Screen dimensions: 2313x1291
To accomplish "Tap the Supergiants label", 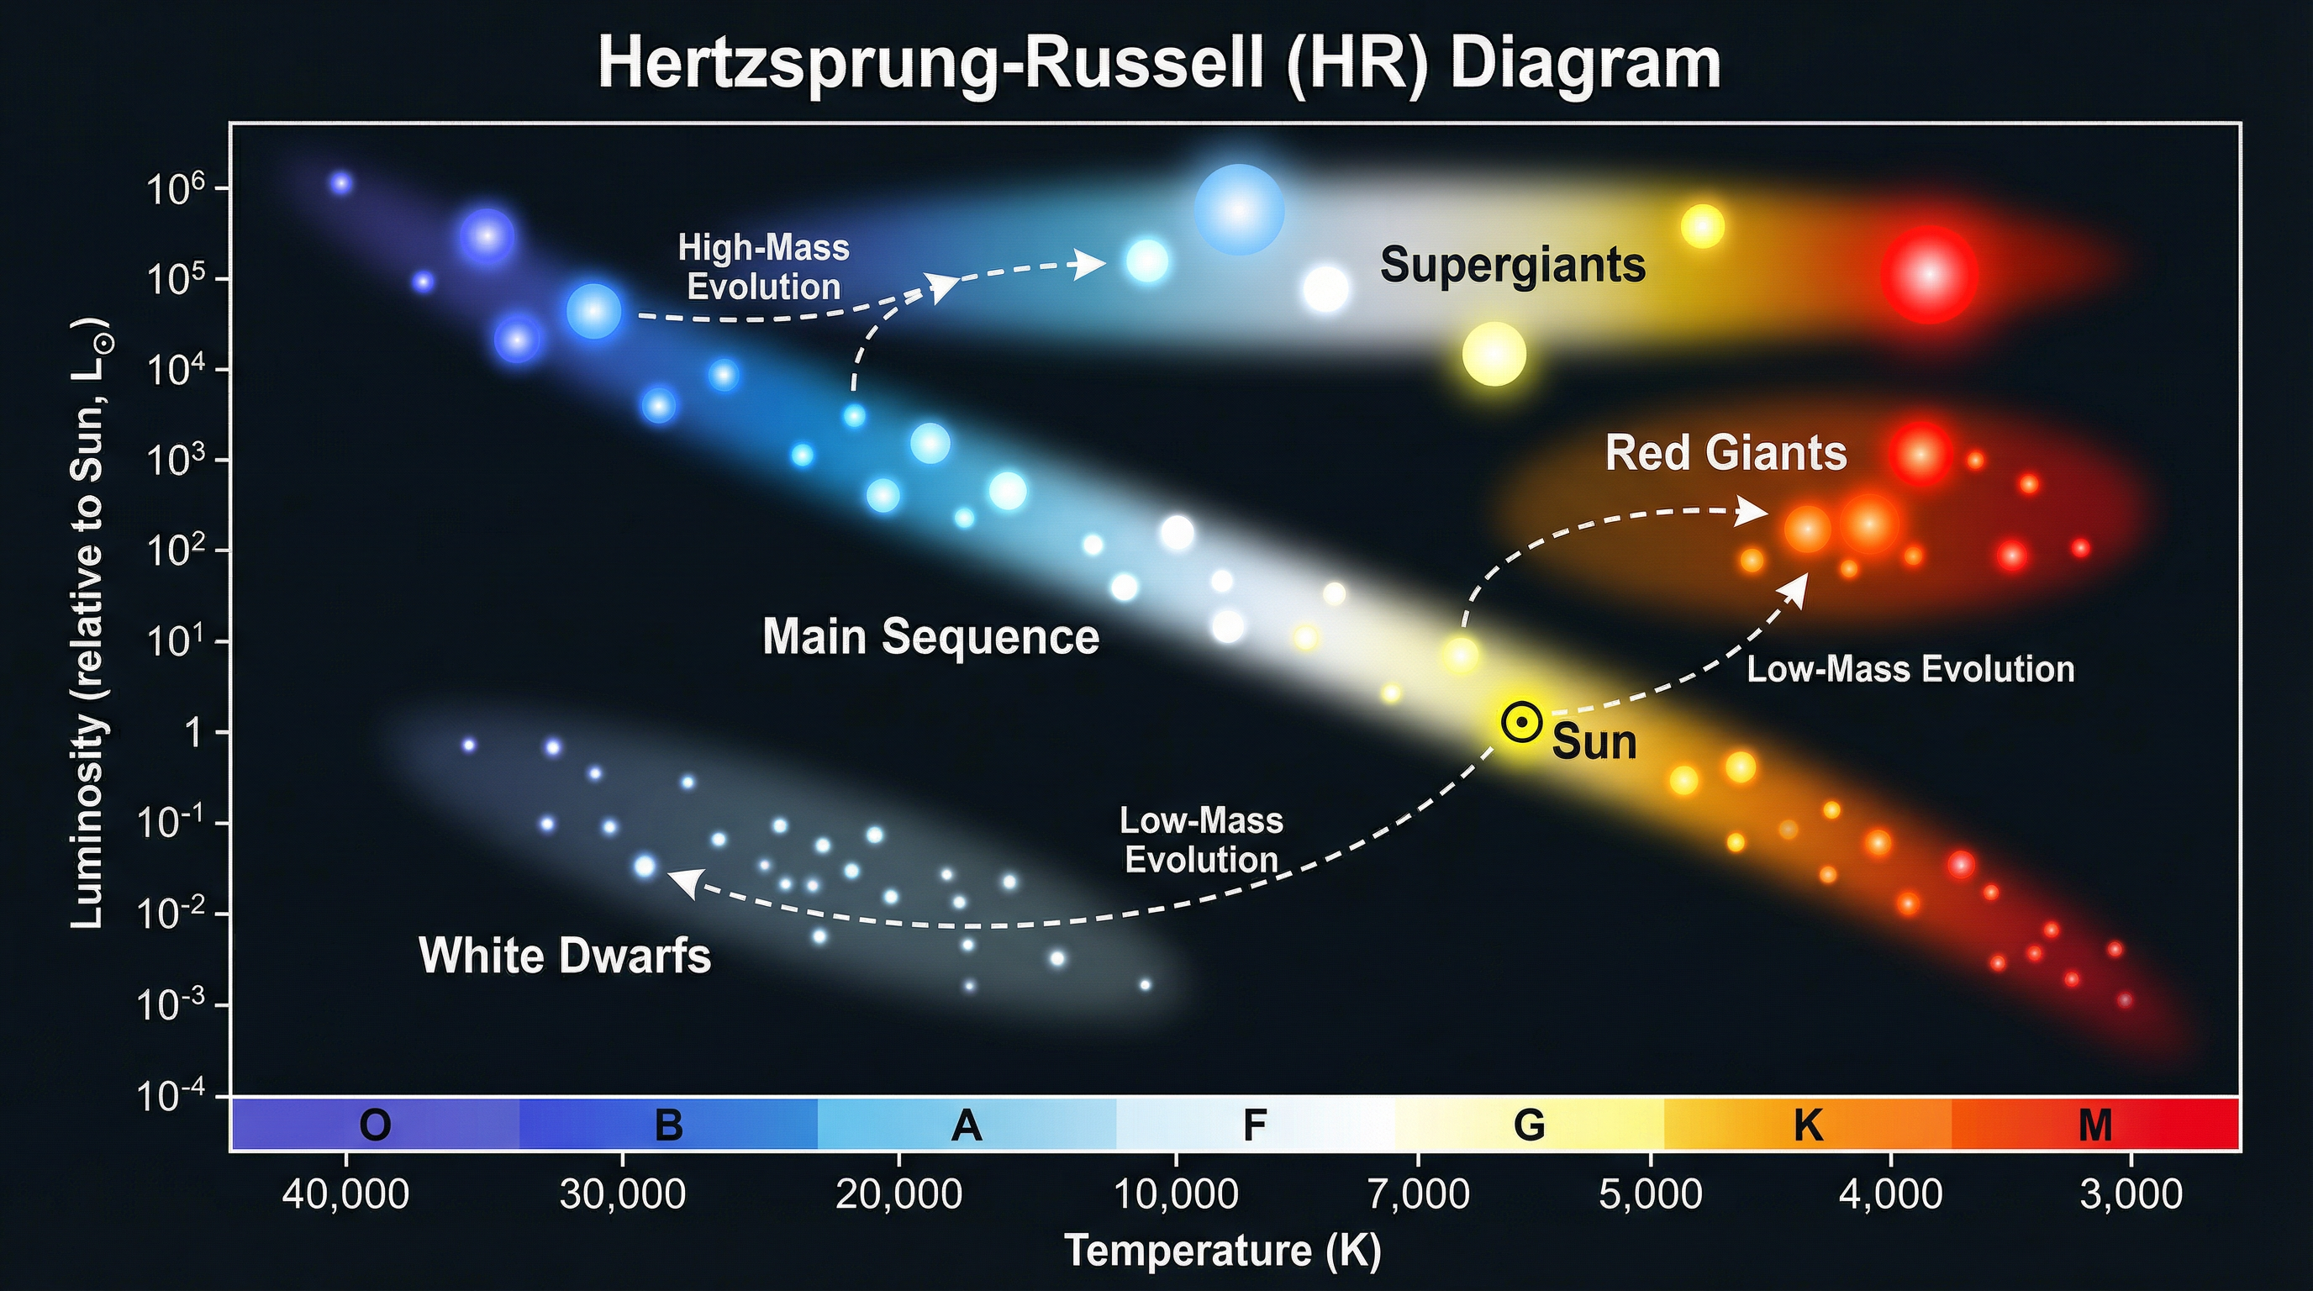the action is (x=1513, y=265).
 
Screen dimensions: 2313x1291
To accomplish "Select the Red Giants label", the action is (x=1726, y=453).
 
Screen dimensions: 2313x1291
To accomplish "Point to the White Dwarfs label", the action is (x=565, y=956).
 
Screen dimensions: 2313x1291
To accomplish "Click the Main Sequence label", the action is (x=930, y=637).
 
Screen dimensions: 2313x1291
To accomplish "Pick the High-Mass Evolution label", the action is (x=763, y=267).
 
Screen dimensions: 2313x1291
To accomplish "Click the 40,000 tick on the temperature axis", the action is (x=345, y=1195).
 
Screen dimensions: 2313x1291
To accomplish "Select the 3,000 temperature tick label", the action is (x=2131, y=1195).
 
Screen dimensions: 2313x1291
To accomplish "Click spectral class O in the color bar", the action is (x=376, y=1125).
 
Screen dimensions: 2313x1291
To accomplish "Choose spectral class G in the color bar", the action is (x=1529, y=1125).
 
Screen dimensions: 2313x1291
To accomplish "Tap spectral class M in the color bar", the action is (x=2095, y=1125).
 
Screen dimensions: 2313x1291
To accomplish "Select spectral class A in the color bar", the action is (x=967, y=1125).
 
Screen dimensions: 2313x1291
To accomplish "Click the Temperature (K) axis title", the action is (x=1222, y=1251).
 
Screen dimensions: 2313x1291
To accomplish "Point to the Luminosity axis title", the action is (x=90, y=624).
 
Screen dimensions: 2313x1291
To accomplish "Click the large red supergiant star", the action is (x=1930, y=274).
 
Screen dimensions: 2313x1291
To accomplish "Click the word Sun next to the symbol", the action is (x=1594, y=742).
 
